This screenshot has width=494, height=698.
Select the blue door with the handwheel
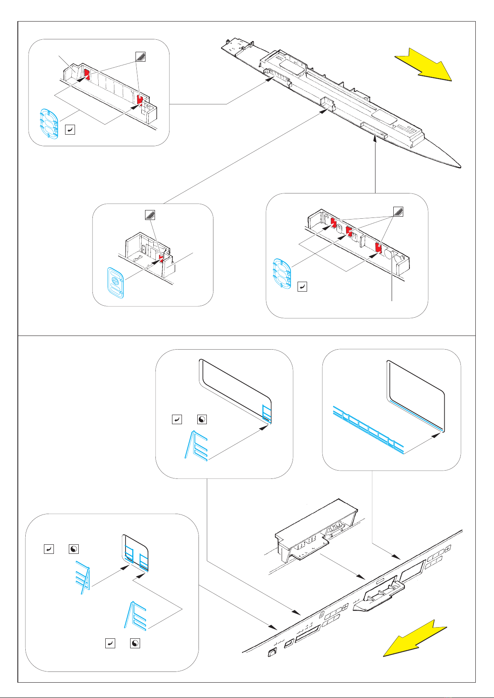116,283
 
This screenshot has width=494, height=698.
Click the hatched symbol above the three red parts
398,212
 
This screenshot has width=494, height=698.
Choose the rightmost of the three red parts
378,247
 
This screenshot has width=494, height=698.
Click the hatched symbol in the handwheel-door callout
150,215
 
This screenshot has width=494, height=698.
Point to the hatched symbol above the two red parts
141,56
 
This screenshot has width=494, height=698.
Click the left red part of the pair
87,74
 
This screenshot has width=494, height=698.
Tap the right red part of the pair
140,99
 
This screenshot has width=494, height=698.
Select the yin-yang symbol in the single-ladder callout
202,420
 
